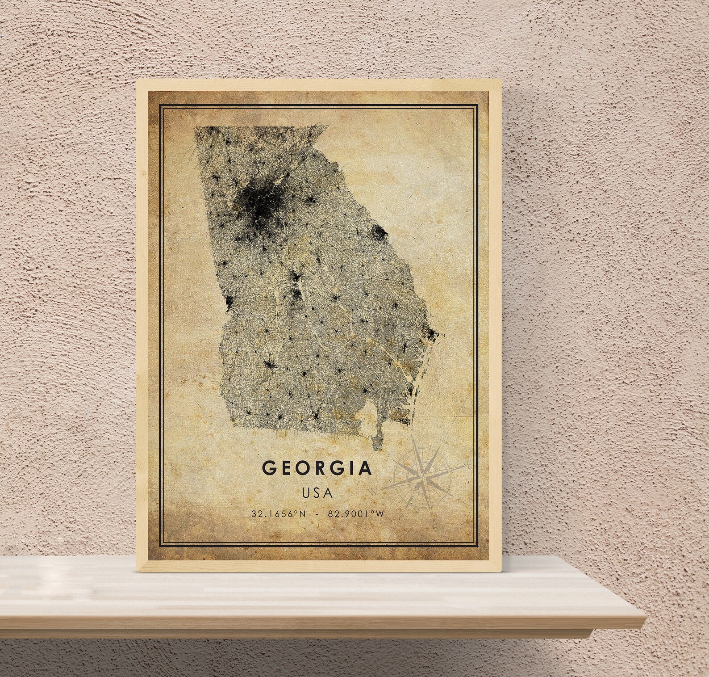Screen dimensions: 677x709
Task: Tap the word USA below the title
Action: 317,493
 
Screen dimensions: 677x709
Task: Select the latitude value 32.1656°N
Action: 279,514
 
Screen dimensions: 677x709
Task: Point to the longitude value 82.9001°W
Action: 356,514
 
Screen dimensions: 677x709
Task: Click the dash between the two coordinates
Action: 317,514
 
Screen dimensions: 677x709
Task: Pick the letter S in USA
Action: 317,493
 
